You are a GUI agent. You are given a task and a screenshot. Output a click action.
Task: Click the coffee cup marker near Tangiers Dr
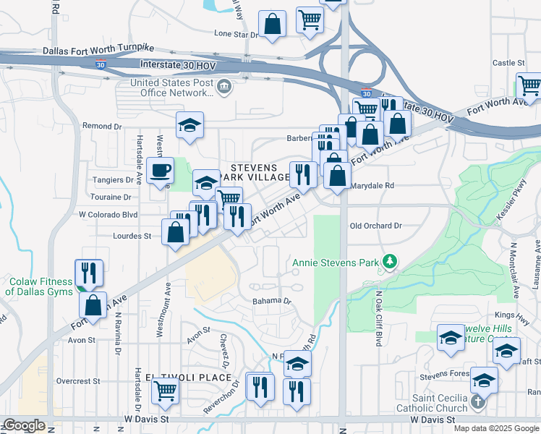point(161,171)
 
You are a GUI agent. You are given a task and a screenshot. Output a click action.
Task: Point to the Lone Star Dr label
point(236,34)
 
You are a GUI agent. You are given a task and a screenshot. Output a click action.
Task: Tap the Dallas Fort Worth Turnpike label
point(98,51)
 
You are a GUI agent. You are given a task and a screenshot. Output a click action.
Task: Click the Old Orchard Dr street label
point(375,226)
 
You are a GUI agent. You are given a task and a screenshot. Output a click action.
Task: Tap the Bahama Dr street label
point(271,301)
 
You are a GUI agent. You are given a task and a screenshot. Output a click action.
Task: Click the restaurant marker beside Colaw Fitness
point(89,273)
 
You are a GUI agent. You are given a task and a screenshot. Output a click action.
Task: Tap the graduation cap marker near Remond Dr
point(190,125)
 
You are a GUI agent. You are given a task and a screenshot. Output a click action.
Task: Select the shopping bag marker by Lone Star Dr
point(272,24)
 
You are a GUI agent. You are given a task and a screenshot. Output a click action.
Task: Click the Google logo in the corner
point(24,425)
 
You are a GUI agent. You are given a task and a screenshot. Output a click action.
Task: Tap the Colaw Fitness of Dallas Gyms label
point(41,286)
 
